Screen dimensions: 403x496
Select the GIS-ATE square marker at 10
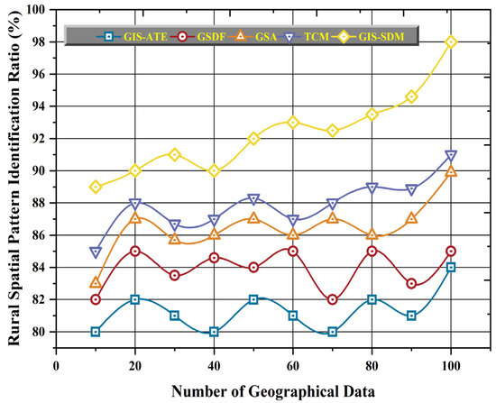tap(95, 332)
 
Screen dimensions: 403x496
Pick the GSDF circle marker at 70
tap(333, 299)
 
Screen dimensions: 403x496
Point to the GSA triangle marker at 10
tap(95, 283)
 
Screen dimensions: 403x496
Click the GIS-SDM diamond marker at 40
tap(214, 170)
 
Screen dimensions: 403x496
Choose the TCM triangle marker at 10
tap(95, 252)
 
